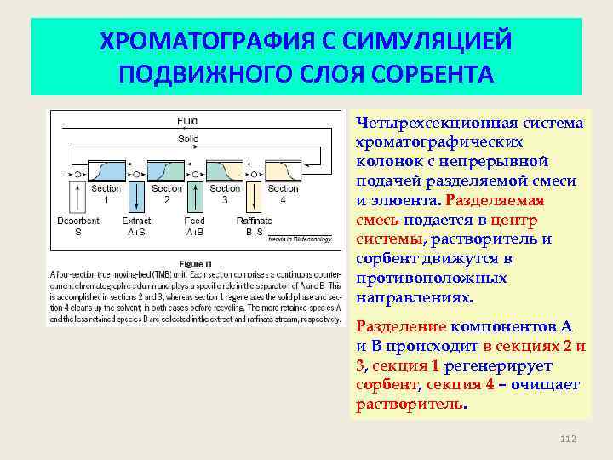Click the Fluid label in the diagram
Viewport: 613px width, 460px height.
pyautogui.click(x=187, y=120)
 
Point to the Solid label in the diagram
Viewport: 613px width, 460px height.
pyautogui.click(x=187, y=137)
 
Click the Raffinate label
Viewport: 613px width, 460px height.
pyautogui.click(x=255, y=220)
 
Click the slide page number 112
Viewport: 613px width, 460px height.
pyautogui.click(x=569, y=438)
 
